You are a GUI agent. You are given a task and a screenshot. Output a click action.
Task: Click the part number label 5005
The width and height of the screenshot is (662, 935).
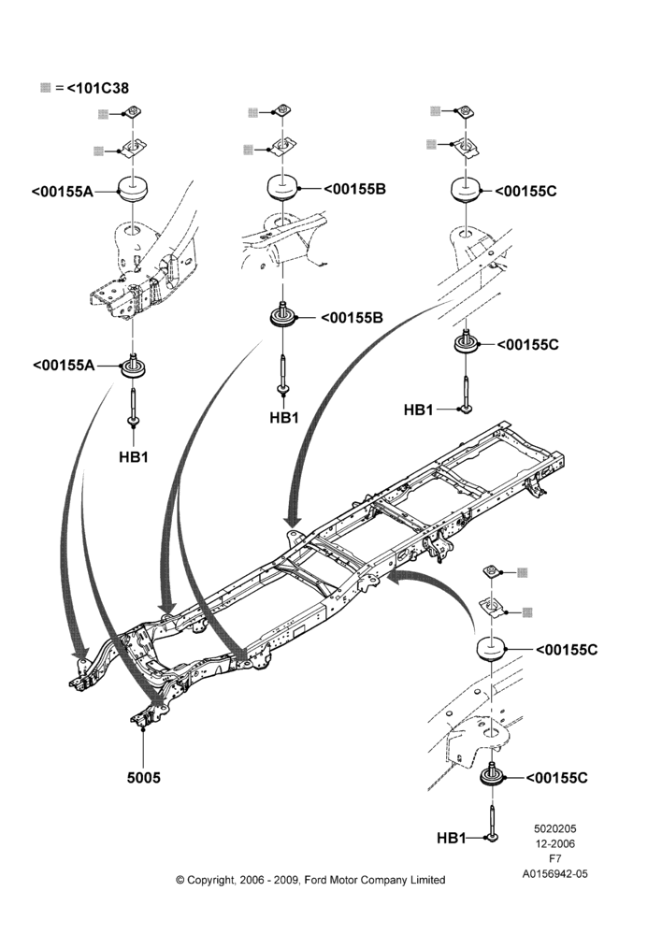[144, 778]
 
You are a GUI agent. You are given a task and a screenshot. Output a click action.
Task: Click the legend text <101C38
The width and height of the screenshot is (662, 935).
[98, 88]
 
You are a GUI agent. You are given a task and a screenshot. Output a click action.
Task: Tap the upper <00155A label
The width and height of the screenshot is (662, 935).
[62, 192]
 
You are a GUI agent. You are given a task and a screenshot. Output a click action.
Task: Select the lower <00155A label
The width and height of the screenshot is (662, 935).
[64, 365]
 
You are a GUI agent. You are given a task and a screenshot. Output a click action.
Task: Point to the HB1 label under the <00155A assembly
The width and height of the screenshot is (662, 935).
[134, 457]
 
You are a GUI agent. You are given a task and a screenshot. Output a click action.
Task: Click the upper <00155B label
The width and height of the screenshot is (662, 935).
[355, 189]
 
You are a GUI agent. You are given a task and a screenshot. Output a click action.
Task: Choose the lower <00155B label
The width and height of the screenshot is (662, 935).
[352, 317]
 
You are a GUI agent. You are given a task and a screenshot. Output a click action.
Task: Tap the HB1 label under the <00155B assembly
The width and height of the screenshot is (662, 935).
[284, 417]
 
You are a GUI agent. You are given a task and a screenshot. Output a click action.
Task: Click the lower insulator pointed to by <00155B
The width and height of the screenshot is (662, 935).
[283, 316]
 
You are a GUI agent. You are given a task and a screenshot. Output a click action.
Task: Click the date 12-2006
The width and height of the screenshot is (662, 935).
[554, 843]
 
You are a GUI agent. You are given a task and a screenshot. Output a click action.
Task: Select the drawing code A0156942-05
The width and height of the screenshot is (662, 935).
[555, 873]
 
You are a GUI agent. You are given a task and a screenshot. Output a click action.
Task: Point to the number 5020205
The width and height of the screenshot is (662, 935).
[554, 828]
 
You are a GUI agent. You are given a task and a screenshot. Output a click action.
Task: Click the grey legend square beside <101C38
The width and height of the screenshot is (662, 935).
[45, 88]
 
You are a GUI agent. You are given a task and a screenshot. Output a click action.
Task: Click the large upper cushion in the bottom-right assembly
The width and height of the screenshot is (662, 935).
[491, 649]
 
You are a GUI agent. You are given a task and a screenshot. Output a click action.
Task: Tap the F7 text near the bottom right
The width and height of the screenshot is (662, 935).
[554, 858]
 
